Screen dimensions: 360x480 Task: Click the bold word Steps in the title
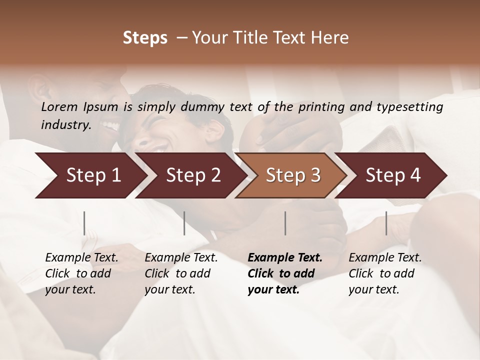(x=145, y=38)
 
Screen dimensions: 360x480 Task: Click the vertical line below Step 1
(x=84, y=223)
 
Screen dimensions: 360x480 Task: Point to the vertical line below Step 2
(x=184, y=223)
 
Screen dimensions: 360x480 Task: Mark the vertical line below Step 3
(x=285, y=223)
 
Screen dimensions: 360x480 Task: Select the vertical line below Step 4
(x=386, y=223)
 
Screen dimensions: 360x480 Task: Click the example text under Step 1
(x=81, y=273)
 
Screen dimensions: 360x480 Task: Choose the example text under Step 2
(x=181, y=273)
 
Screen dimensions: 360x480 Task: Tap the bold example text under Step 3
(x=285, y=273)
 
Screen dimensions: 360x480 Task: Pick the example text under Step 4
(x=385, y=273)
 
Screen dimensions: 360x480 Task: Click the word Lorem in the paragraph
(x=59, y=106)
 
